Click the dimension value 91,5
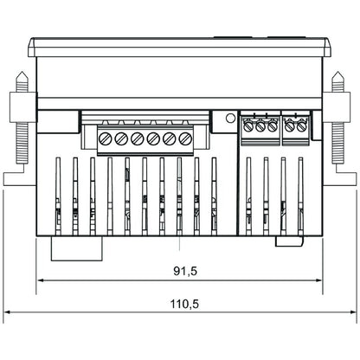tap(185, 271)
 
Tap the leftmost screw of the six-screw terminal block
tap(106, 138)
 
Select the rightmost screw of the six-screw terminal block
tap(184, 138)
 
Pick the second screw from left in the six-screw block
tap(122, 138)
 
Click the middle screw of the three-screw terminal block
tap(260, 126)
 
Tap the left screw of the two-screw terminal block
tap(290, 126)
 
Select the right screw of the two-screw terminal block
tap(301, 126)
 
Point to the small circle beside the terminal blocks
tap(229, 119)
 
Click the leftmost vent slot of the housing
tap(58, 196)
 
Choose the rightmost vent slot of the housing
tap(300, 196)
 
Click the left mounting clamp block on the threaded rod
tap(21, 107)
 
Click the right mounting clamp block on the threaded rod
tap(338, 107)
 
